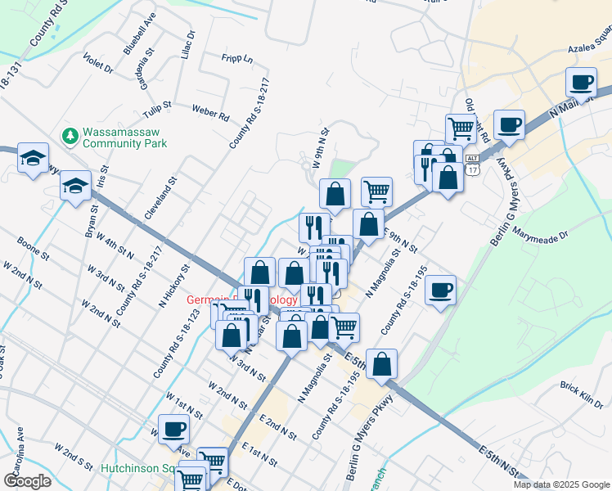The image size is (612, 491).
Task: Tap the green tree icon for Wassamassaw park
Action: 70,133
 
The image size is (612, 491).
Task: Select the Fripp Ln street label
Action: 237,59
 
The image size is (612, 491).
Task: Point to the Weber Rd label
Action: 210,111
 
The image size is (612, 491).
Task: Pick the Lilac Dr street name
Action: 187,46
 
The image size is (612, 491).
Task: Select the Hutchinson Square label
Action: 134,469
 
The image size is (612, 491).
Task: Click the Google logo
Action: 27,481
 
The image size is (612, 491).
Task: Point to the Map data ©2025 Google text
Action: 561,484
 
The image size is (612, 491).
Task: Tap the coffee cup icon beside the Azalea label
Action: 581,82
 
